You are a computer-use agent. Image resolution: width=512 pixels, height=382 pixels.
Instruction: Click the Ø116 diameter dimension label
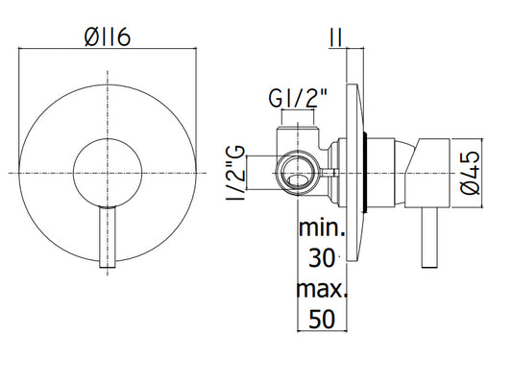coord(108,36)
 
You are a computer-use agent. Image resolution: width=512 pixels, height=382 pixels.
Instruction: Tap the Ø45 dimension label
coord(471,173)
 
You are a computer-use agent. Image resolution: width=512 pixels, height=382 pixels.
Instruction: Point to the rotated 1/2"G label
coord(235,173)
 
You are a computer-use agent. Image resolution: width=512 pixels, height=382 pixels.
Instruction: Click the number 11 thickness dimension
coord(336,37)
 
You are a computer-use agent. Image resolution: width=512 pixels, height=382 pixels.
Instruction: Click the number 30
coord(322,258)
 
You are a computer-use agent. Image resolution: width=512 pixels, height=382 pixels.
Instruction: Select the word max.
coord(322,289)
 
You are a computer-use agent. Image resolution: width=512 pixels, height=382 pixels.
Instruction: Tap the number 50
coord(322,319)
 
